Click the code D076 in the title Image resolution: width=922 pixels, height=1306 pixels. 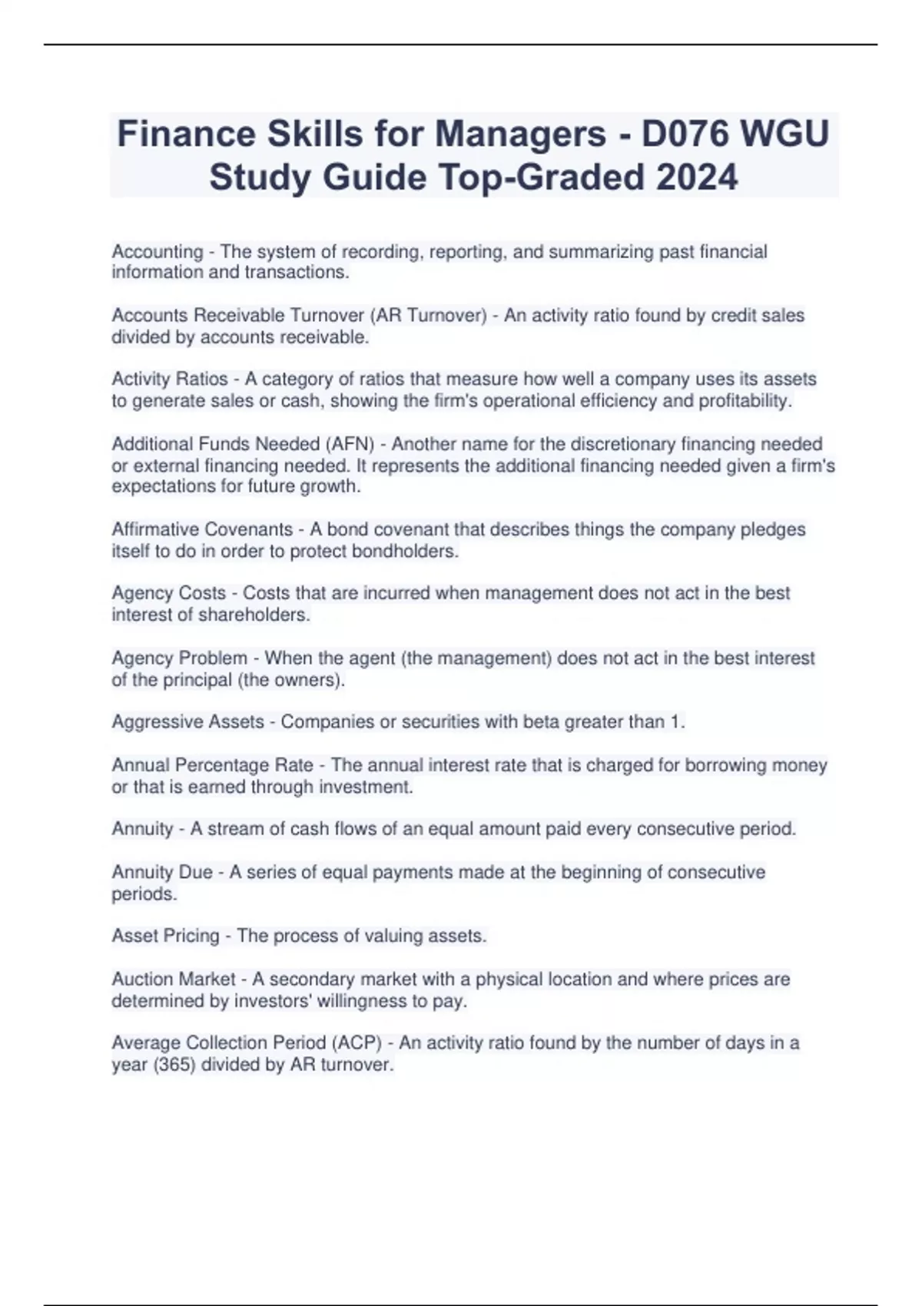685,134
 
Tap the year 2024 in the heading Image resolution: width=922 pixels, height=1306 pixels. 697,177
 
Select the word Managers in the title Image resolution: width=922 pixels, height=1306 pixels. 521,134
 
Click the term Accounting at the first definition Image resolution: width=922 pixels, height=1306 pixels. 158,252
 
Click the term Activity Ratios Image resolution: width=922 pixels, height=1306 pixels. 170,380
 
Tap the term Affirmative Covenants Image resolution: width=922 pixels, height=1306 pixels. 202,529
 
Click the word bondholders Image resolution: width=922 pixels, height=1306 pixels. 405,552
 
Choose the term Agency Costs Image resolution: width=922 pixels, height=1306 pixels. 169,593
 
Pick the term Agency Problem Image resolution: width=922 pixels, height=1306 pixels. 180,658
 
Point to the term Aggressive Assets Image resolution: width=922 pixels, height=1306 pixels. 188,722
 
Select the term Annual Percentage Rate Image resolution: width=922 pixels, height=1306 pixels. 212,765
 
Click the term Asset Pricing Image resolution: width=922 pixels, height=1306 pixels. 165,936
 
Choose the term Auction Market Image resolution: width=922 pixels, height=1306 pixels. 174,979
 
